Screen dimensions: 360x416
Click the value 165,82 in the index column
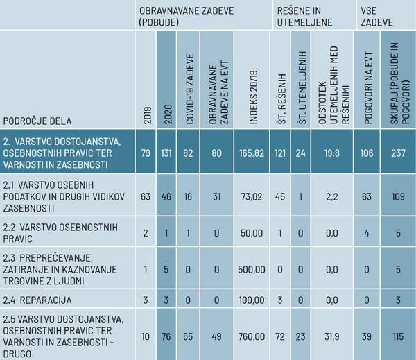pos(251,153)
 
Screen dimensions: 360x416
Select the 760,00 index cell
pos(251,336)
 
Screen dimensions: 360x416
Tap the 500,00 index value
pos(251,267)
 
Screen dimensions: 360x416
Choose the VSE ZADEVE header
pos(378,17)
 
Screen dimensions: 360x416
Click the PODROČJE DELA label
pos(37,120)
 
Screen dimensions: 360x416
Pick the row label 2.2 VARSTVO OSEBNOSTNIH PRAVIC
pos(60,232)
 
